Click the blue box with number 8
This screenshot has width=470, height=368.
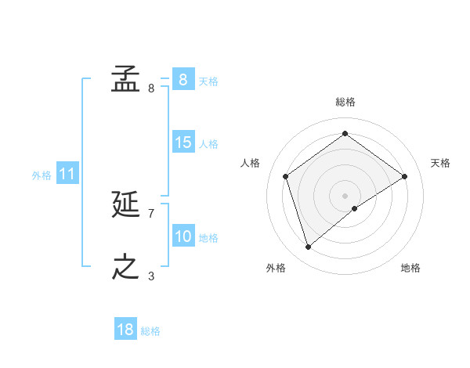coord(183,79)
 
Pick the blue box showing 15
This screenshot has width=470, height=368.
coord(183,143)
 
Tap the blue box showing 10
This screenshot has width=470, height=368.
coord(183,236)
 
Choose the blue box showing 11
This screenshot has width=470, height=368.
coord(67,174)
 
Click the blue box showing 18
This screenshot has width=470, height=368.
coord(125,330)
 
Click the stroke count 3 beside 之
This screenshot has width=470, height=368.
coord(150,276)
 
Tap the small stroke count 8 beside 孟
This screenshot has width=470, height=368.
coord(150,88)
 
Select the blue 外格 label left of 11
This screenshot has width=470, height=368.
coord(42,175)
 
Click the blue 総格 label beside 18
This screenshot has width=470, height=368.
coord(150,331)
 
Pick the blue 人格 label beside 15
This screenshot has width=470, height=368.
coord(208,144)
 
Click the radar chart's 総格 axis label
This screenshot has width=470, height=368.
coord(345,102)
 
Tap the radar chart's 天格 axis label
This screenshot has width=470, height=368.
coord(440,163)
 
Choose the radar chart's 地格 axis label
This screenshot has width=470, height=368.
coord(410,268)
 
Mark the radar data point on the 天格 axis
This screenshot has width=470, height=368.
coord(404,176)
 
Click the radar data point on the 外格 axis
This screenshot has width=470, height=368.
coord(308,247)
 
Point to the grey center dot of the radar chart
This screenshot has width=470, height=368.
coord(345,195)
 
